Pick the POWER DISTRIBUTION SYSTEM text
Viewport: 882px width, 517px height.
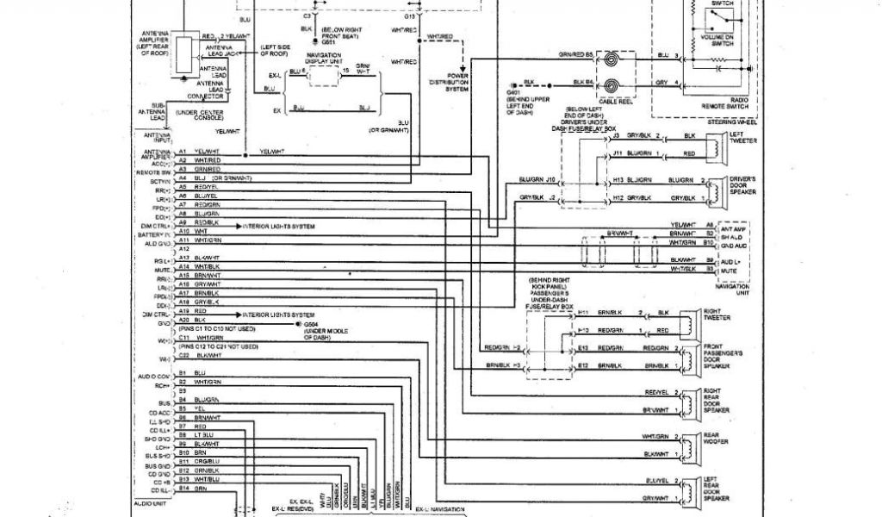(x=457, y=83)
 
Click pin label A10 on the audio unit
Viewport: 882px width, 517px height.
(x=183, y=232)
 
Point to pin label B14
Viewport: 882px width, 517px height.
(x=183, y=489)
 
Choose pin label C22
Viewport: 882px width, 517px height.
(x=183, y=355)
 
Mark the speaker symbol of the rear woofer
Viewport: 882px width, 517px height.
(x=691, y=445)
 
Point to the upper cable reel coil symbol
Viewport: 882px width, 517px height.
(x=610, y=61)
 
